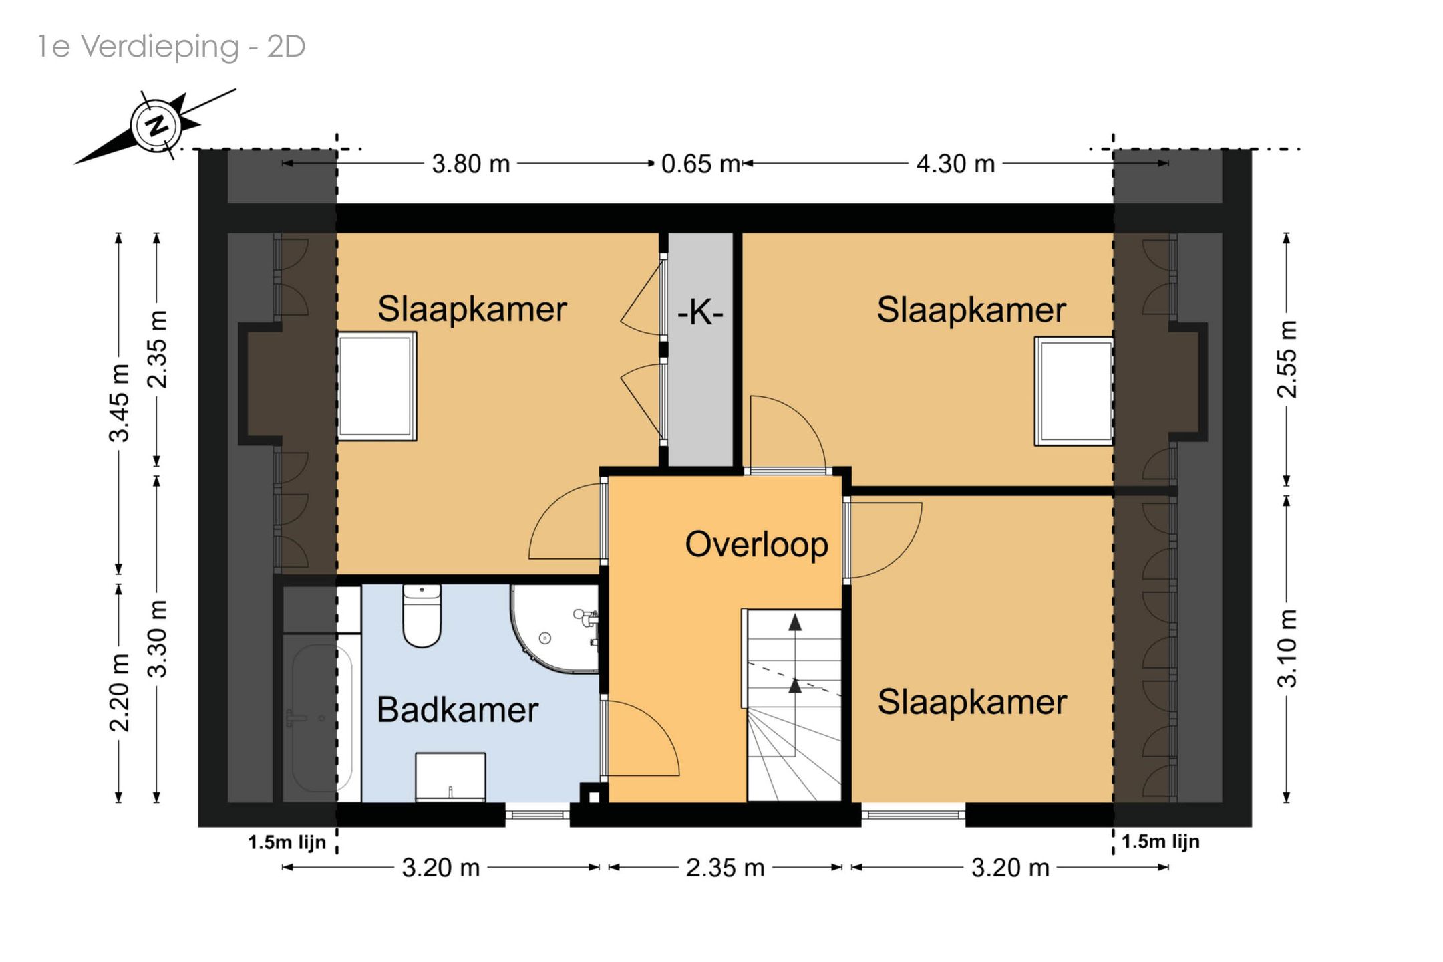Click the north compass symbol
click(x=156, y=126)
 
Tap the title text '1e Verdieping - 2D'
click(x=172, y=47)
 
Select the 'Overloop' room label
click(x=756, y=545)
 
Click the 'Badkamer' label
click(x=457, y=709)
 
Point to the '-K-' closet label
click(x=700, y=312)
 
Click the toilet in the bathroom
click(x=422, y=615)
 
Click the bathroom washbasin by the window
click(x=450, y=777)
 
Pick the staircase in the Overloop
click(x=794, y=705)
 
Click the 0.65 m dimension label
click(x=701, y=164)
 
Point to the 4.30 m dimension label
click(x=955, y=164)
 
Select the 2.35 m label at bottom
click(x=725, y=868)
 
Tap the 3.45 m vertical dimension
click(x=119, y=403)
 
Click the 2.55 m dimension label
click(x=1287, y=359)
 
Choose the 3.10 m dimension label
click(x=1287, y=648)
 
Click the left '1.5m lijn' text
click(x=287, y=842)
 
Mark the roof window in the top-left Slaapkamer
click(x=377, y=386)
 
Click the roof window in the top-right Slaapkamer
click(x=1074, y=391)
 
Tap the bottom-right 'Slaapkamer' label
click(x=972, y=702)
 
